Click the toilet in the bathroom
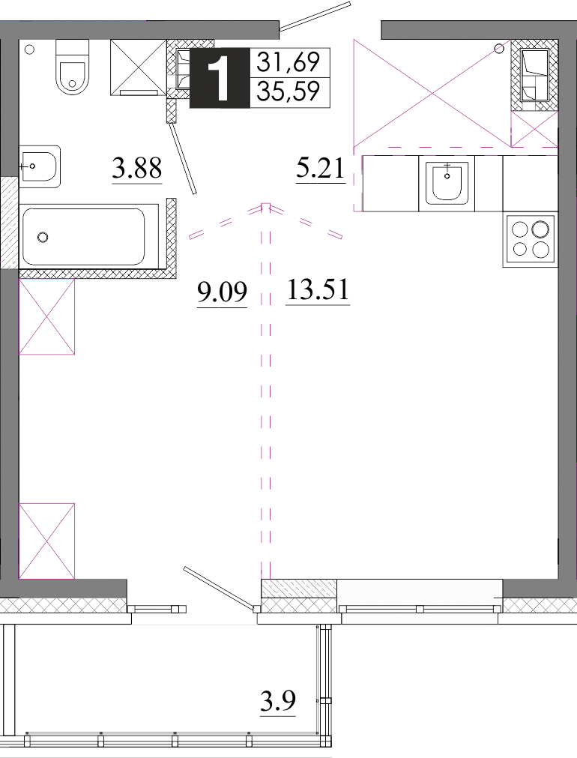click(73, 67)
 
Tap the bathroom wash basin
click(40, 166)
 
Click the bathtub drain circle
click(43, 237)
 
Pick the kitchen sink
click(447, 183)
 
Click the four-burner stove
click(531, 240)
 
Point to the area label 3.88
click(137, 169)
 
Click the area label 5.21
click(321, 168)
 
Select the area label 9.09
click(223, 292)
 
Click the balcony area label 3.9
click(278, 701)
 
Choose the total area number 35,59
click(288, 91)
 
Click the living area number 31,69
click(288, 62)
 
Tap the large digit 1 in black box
click(220, 78)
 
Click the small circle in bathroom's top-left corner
click(29, 49)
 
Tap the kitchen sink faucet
click(447, 171)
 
